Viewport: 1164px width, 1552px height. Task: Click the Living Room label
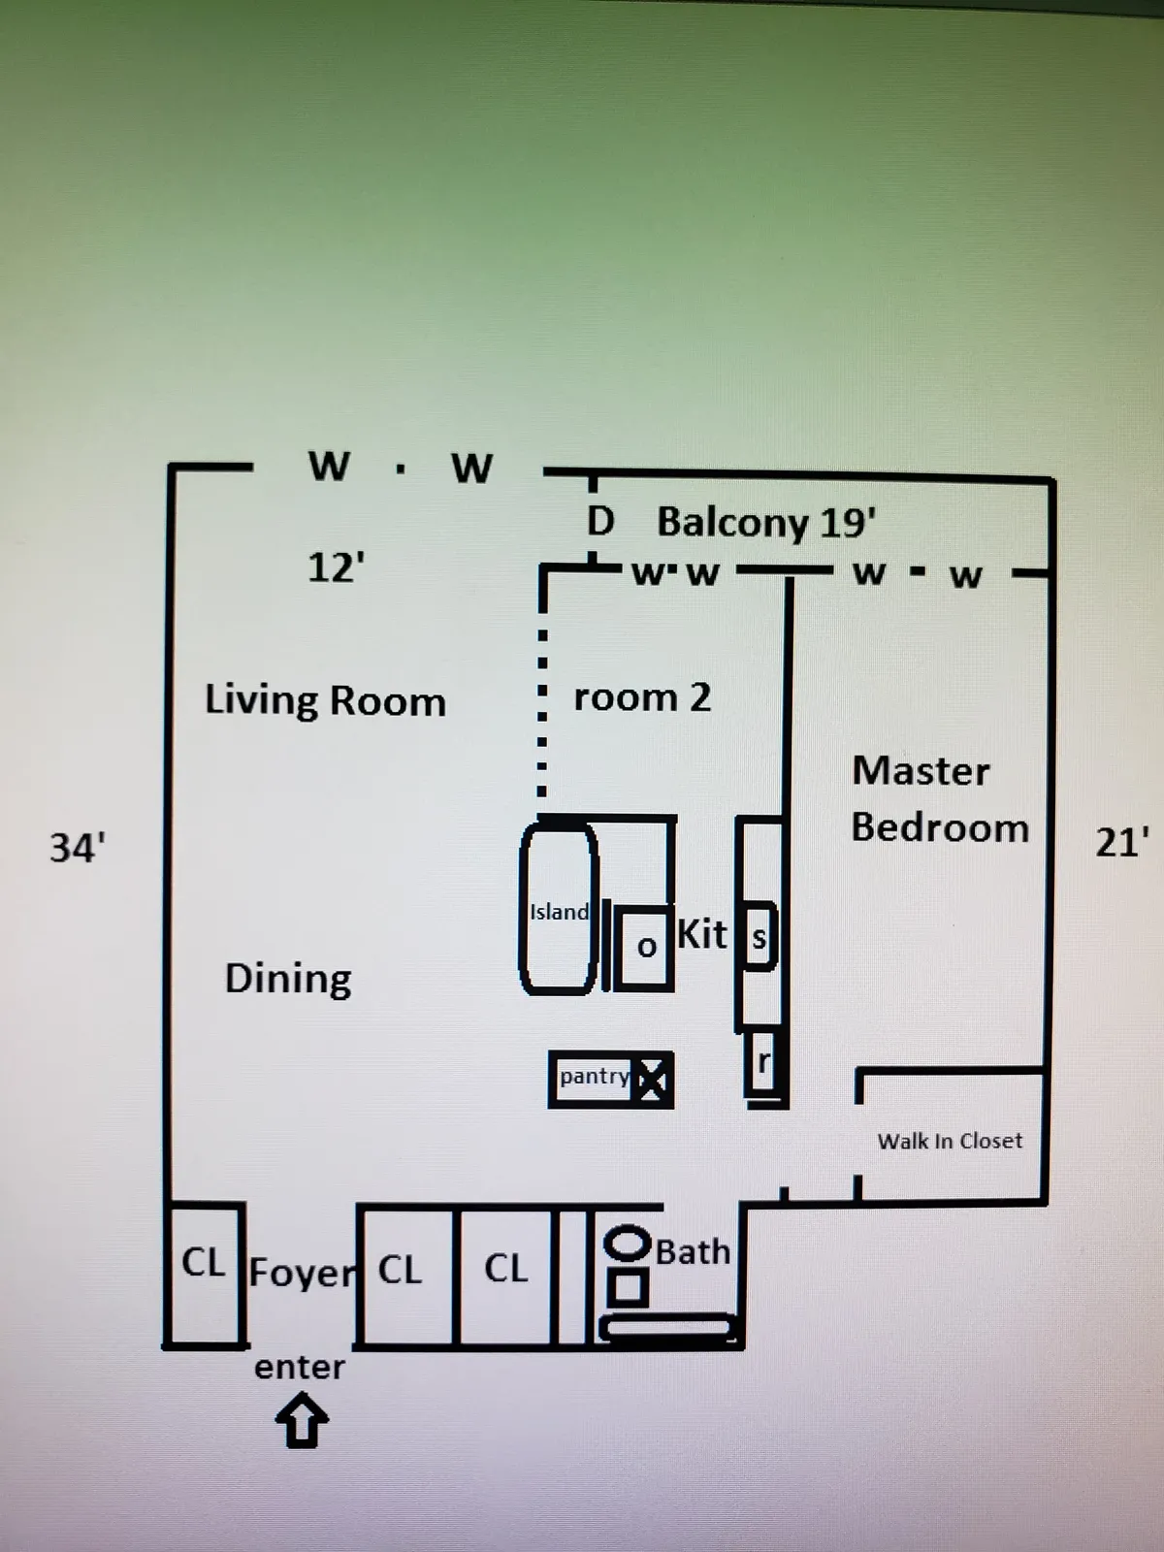pos(325,700)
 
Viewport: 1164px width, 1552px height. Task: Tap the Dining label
pos(288,978)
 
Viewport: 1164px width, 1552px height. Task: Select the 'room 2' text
pos(642,696)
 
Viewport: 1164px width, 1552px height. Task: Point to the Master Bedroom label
pos(939,799)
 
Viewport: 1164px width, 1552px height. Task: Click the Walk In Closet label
pos(950,1141)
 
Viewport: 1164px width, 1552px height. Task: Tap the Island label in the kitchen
pos(559,912)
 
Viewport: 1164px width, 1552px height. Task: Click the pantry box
pos(595,1077)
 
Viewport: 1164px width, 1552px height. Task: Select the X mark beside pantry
pos(653,1079)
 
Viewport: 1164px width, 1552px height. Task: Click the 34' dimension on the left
pos(78,848)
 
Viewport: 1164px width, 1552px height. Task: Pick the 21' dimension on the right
pos(1122,842)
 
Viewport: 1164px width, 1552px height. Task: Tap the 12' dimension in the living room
pos(336,566)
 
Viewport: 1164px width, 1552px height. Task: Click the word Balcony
pos(733,522)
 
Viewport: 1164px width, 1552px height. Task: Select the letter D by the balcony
pos(600,522)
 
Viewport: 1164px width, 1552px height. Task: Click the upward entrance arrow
pos(302,1421)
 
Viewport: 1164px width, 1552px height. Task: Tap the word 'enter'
pos(300,1367)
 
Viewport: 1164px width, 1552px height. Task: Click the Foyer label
pos(303,1272)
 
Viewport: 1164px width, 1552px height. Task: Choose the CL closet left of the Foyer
pos(204,1263)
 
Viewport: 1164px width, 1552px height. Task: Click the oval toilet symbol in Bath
pos(628,1244)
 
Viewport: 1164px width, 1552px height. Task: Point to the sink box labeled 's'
pos(760,937)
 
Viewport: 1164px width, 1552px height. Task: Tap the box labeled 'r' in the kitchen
pos(763,1064)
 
